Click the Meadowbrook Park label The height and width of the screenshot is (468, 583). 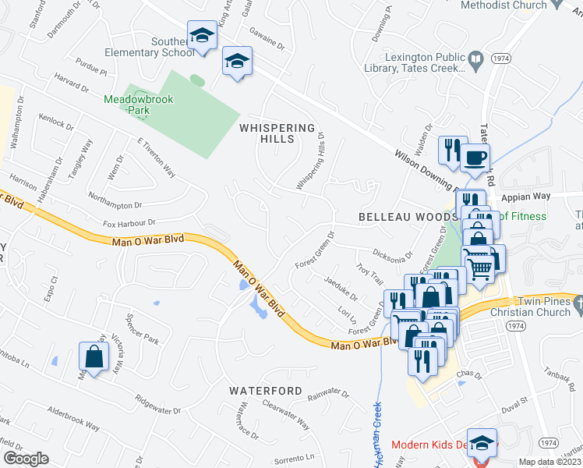pos(138,105)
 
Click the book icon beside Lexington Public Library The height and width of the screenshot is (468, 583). pos(475,58)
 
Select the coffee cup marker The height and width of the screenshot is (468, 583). pos(475,157)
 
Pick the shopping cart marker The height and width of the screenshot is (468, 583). pos(482,267)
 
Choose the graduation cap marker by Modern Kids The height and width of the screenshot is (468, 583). pos(482,443)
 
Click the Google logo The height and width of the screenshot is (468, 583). pos(26,459)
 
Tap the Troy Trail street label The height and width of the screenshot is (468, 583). pos(369,278)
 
